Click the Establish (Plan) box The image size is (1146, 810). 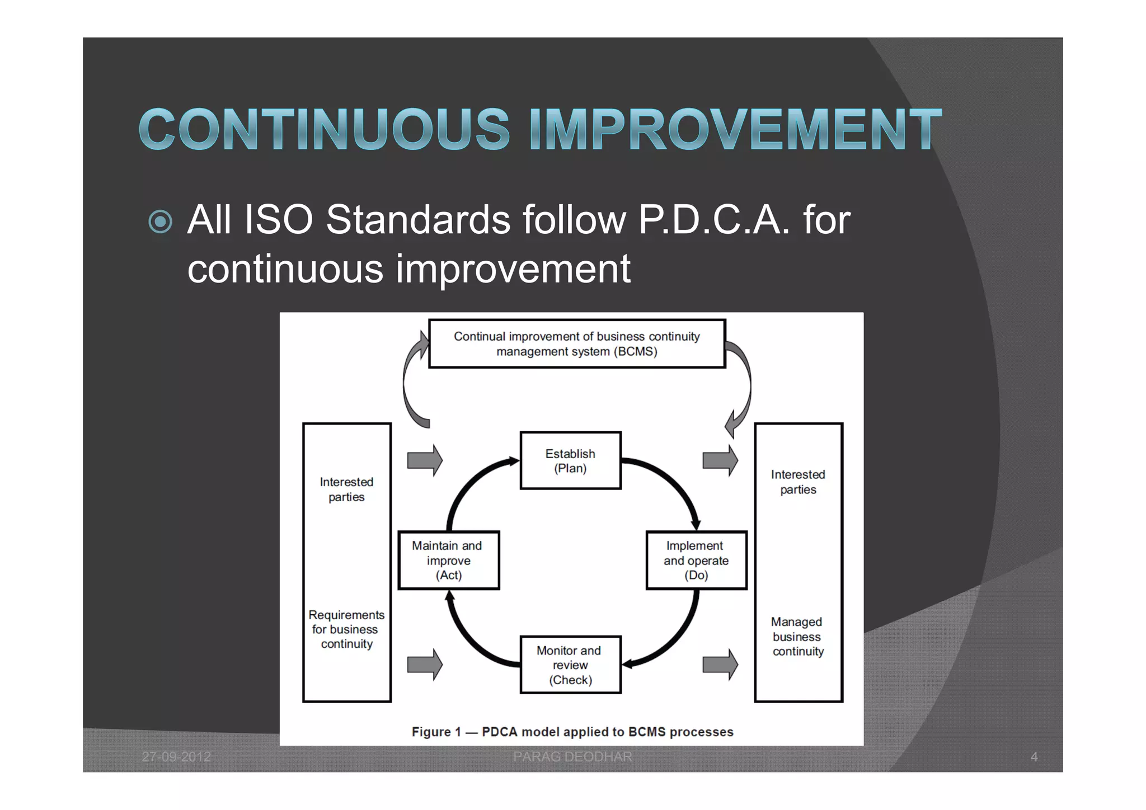point(570,460)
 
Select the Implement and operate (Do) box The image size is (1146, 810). point(696,560)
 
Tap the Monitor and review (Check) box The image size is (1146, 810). point(570,665)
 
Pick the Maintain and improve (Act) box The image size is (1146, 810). point(448,560)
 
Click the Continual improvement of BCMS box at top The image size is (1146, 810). point(576,343)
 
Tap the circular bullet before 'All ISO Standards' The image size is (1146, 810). point(161,222)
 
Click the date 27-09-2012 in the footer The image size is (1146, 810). point(176,757)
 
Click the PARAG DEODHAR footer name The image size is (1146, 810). point(572,757)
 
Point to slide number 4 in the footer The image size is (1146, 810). point(1034,757)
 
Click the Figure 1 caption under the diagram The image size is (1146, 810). point(572,732)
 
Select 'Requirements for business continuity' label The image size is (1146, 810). point(346,629)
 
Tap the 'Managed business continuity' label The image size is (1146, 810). point(797,637)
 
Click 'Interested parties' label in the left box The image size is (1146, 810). point(346,489)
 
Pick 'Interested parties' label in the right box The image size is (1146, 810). point(797,482)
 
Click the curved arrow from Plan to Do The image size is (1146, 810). point(671,482)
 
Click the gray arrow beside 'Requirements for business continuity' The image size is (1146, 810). point(425,665)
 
